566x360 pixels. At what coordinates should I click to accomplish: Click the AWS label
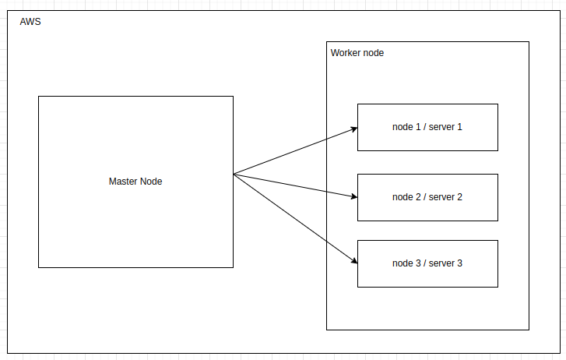[x=30, y=22]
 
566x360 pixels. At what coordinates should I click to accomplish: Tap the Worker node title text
[x=357, y=53]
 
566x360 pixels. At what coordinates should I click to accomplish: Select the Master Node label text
[x=135, y=182]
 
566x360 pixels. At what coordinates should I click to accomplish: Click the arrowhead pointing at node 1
[x=354, y=129]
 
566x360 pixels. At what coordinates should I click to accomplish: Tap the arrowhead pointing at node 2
[x=354, y=196]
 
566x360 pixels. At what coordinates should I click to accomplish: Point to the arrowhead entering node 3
[x=354, y=260]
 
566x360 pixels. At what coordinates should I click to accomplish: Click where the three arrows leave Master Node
[x=234, y=175]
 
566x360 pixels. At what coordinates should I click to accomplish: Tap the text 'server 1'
[x=445, y=127]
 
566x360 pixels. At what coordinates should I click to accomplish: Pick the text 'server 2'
[x=445, y=197]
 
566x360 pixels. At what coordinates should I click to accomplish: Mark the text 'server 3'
[x=445, y=263]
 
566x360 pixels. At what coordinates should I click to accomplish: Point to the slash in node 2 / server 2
[x=425, y=197]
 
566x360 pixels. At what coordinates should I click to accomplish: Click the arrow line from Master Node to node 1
[x=296, y=151]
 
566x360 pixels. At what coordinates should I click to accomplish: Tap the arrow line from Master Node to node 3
[x=296, y=219]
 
